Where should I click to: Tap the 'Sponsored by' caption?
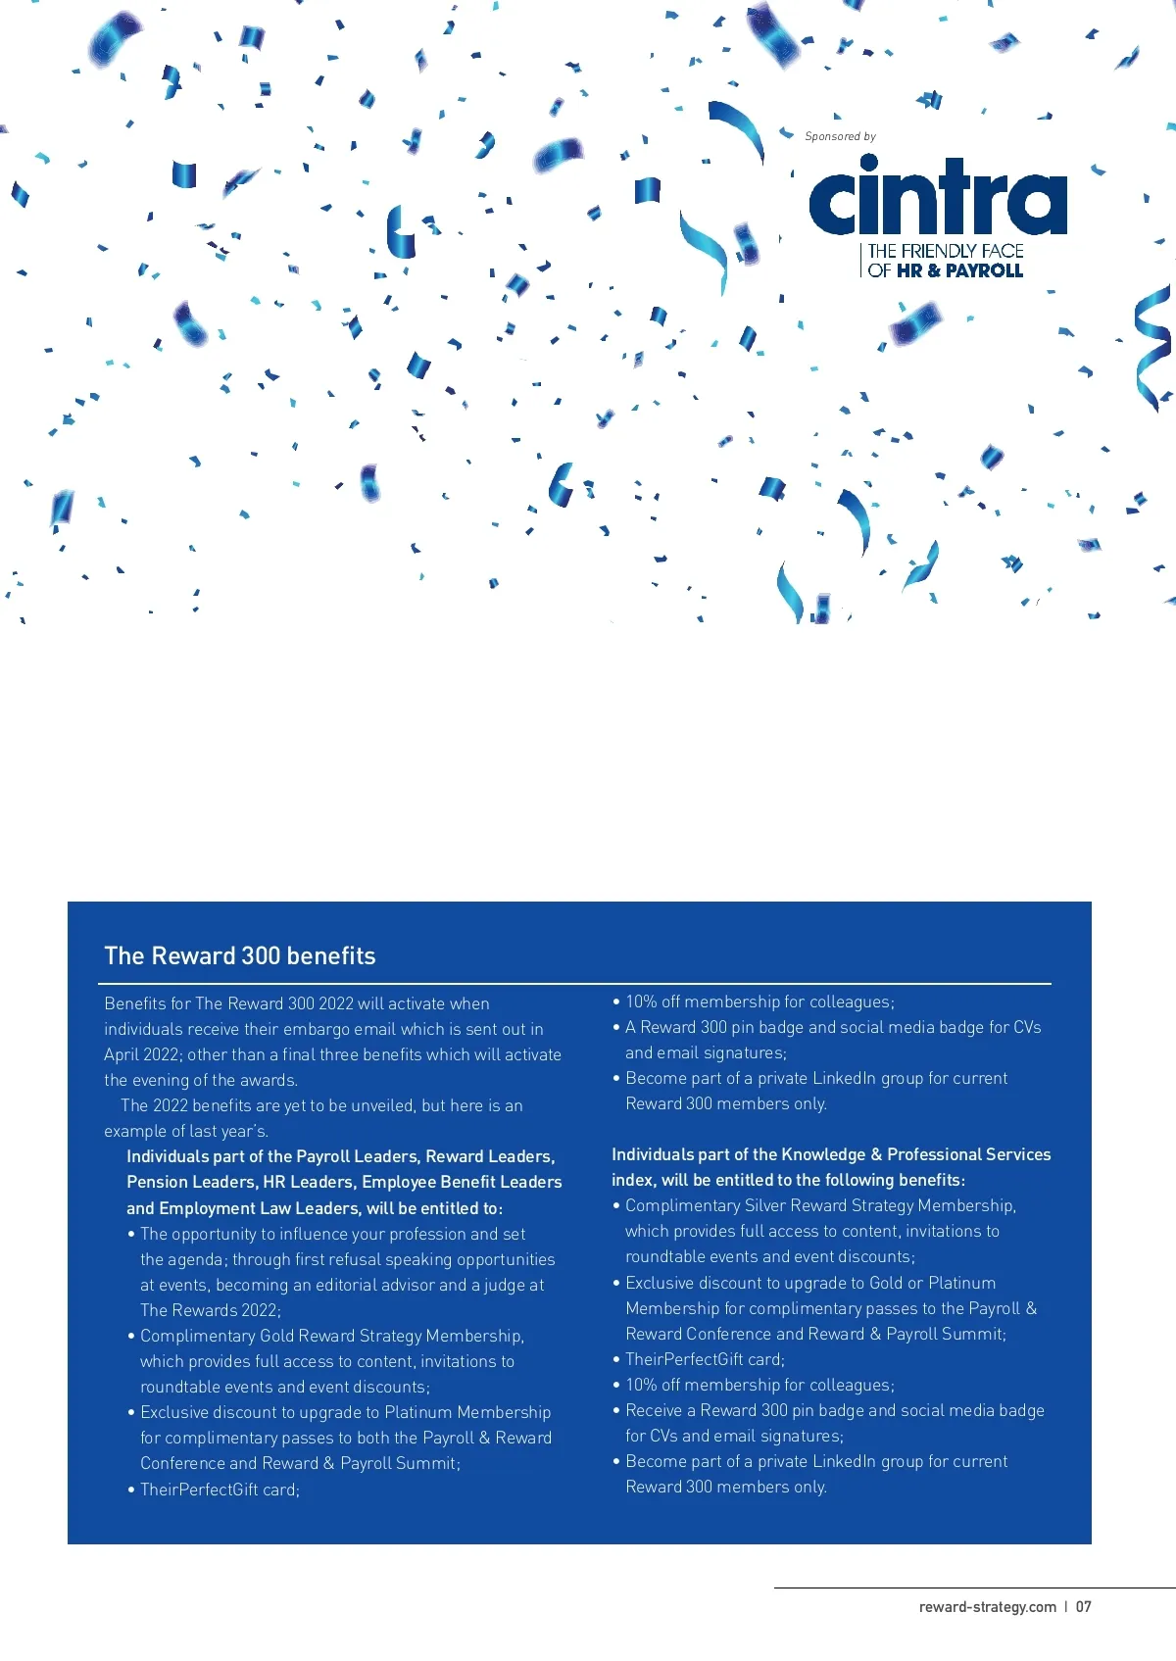pyautogui.click(x=840, y=136)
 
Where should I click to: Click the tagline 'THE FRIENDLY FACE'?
pyautogui.click(x=945, y=251)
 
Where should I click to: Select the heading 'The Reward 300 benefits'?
pyautogui.click(x=240, y=955)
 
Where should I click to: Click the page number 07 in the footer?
pyautogui.click(x=1083, y=1606)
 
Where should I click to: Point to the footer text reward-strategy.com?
pyautogui.click(x=987, y=1606)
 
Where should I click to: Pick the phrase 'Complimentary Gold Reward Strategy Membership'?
pyautogui.click(x=331, y=1336)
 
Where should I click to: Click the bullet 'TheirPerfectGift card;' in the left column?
pyautogui.click(x=220, y=1490)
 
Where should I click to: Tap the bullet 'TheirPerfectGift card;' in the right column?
pyautogui.click(x=705, y=1359)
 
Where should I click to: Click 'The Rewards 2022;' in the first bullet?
pyautogui.click(x=210, y=1310)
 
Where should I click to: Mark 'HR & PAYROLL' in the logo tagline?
pyautogui.click(x=959, y=270)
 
